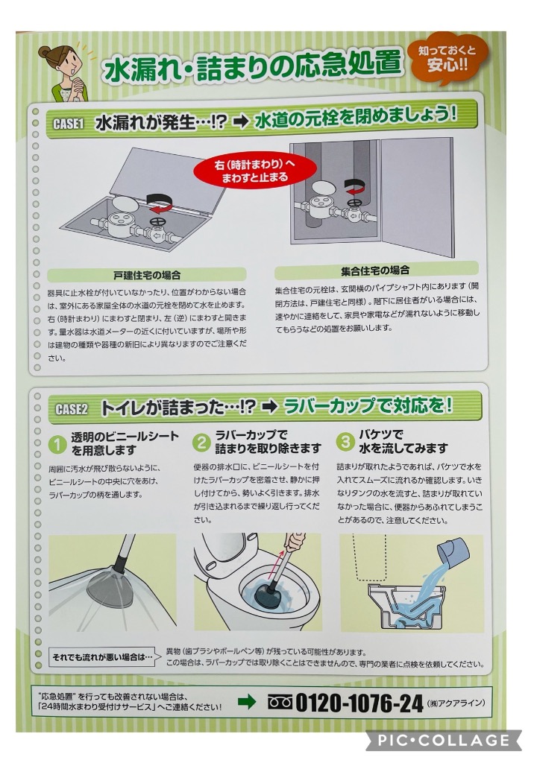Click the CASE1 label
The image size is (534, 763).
68,124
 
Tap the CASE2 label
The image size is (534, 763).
72,409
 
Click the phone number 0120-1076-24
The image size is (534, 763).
359,703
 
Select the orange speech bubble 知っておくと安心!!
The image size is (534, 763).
447,58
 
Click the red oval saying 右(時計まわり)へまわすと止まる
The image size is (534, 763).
255,171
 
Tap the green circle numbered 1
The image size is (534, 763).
57,443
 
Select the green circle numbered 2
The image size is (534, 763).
201,443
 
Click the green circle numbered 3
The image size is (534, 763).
345,442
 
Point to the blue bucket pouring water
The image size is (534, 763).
453,550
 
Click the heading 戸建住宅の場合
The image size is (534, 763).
147,275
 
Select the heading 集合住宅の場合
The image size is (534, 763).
375,270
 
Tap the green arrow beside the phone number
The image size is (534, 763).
247,702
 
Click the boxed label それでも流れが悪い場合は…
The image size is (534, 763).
103,657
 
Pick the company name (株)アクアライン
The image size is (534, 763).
456,703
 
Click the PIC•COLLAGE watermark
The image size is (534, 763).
444,740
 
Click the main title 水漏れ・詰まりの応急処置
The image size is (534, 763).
252,65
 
